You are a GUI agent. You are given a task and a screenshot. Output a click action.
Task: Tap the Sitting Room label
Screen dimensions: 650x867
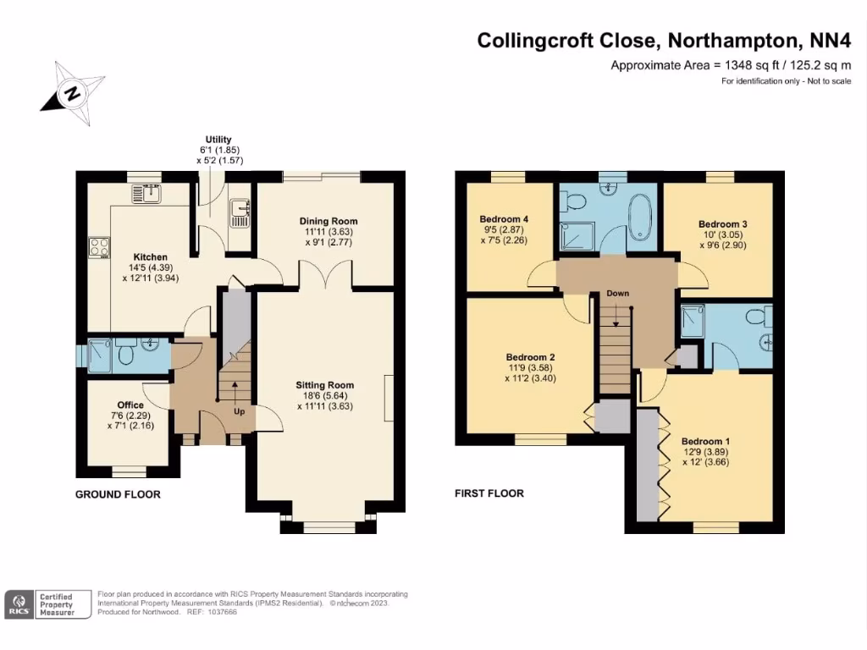tap(325, 385)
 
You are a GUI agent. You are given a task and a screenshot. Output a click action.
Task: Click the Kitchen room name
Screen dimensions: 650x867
tap(150, 257)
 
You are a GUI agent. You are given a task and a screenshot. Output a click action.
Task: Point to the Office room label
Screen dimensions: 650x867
tap(130, 405)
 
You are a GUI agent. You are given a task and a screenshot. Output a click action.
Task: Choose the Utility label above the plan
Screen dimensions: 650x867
tap(218, 140)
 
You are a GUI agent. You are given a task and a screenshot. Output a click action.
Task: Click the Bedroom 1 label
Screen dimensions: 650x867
tap(705, 442)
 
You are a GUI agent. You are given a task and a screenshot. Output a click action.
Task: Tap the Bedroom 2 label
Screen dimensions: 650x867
tap(530, 357)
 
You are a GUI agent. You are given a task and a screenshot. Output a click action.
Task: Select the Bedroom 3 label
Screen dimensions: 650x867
tap(721, 224)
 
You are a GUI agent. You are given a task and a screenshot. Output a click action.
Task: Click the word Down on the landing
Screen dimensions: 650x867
tap(617, 294)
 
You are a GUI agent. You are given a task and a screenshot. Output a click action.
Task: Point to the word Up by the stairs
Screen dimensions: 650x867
tap(240, 412)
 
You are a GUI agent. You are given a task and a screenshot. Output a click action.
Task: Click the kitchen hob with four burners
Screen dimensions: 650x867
tap(99, 247)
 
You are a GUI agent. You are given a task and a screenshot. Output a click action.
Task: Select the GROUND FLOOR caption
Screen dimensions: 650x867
tap(118, 494)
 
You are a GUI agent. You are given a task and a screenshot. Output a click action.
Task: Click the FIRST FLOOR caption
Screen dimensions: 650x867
tap(489, 493)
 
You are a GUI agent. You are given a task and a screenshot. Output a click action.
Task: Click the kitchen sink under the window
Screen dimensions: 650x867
tap(147, 194)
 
